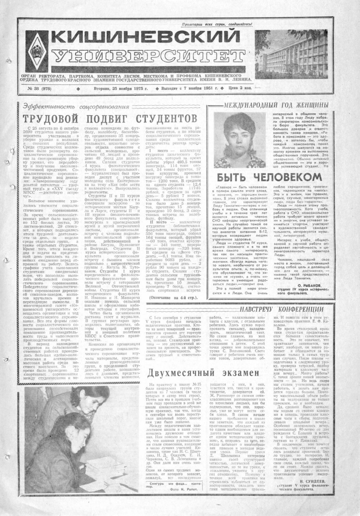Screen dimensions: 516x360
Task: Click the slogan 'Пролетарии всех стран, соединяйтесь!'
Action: pos(217,24)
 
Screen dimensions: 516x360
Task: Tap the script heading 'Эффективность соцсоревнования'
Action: pos(76,107)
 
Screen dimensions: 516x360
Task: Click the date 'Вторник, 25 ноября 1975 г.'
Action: pos(120,89)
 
